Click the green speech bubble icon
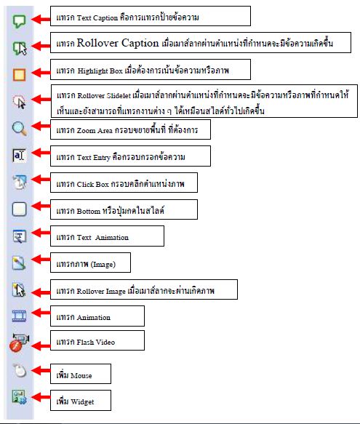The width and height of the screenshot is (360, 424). pos(19,21)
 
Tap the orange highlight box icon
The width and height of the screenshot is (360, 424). pos(19,75)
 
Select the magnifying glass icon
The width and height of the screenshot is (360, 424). pos(19,129)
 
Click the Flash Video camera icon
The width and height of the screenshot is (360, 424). pos(19,343)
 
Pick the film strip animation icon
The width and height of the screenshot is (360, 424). pos(19,316)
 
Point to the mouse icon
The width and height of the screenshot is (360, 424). pos(20,370)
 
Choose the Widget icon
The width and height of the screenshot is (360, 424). pos(19,397)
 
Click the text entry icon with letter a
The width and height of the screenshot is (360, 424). pos(19,156)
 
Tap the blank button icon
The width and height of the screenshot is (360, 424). pos(19,209)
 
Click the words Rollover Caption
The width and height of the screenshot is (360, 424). pos(118,43)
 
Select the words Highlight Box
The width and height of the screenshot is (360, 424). pos(100,71)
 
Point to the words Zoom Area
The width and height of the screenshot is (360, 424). pos(95,130)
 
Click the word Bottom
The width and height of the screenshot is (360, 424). pos(89,211)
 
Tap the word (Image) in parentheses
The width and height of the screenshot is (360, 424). pos(103,264)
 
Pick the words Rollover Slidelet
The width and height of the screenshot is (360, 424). pos(104,95)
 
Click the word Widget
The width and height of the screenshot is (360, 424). pos(82,402)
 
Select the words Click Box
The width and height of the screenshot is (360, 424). pos(93,184)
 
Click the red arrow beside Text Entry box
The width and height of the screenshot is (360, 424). pos(41,153)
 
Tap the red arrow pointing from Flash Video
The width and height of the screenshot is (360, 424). pos(41,345)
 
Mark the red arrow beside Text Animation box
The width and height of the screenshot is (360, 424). pos(41,233)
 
